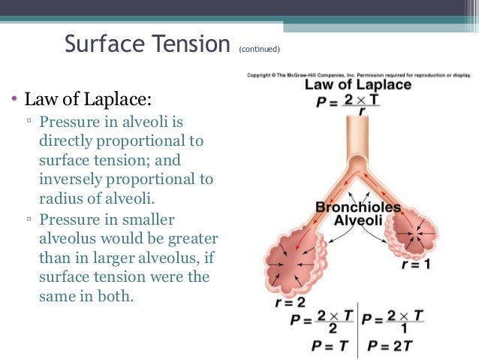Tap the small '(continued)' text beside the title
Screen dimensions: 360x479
pyautogui.click(x=259, y=50)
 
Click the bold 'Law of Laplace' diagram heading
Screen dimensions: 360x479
pyautogui.click(x=357, y=85)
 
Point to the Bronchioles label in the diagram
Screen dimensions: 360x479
pyautogui.click(x=357, y=207)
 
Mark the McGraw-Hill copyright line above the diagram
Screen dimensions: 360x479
pyautogui.click(x=357, y=74)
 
